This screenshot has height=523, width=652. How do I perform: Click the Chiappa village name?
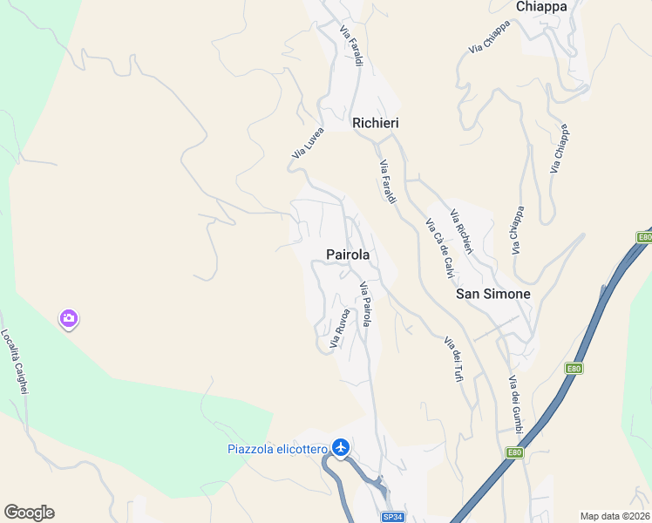point(541,7)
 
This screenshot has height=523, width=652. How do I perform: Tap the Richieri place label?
point(375,124)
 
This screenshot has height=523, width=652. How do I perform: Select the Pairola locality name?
point(348,255)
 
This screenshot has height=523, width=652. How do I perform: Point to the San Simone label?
point(493,295)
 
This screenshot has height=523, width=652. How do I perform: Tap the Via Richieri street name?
point(461,233)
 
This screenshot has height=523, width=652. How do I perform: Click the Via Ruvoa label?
point(340,329)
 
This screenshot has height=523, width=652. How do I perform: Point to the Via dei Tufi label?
point(453,359)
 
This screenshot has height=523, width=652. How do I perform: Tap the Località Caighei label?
point(15,362)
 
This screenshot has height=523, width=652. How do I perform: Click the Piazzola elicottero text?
point(277,450)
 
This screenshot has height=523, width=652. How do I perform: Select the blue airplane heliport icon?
point(340,448)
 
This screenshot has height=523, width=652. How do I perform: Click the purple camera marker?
point(68,320)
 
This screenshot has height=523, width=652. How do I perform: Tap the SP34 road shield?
point(393,517)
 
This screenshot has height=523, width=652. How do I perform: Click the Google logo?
point(29,513)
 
